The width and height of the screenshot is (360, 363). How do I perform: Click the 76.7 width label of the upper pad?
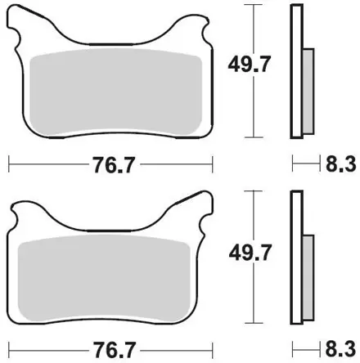click(x=114, y=164)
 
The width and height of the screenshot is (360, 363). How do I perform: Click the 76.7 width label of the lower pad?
click(x=114, y=350)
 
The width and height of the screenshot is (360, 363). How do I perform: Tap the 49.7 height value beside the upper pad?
click(x=250, y=64)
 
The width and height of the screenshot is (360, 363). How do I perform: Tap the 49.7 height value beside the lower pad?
click(x=250, y=253)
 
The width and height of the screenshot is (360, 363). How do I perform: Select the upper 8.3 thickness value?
click(x=341, y=164)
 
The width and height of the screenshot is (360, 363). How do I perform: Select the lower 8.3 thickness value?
click(x=341, y=349)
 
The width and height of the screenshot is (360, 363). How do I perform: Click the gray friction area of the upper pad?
click(x=115, y=92)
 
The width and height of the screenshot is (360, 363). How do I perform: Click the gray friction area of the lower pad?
click(x=104, y=278)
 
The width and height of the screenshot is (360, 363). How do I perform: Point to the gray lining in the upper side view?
click(x=308, y=92)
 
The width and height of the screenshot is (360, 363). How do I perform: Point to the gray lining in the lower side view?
click(x=308, y=277)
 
